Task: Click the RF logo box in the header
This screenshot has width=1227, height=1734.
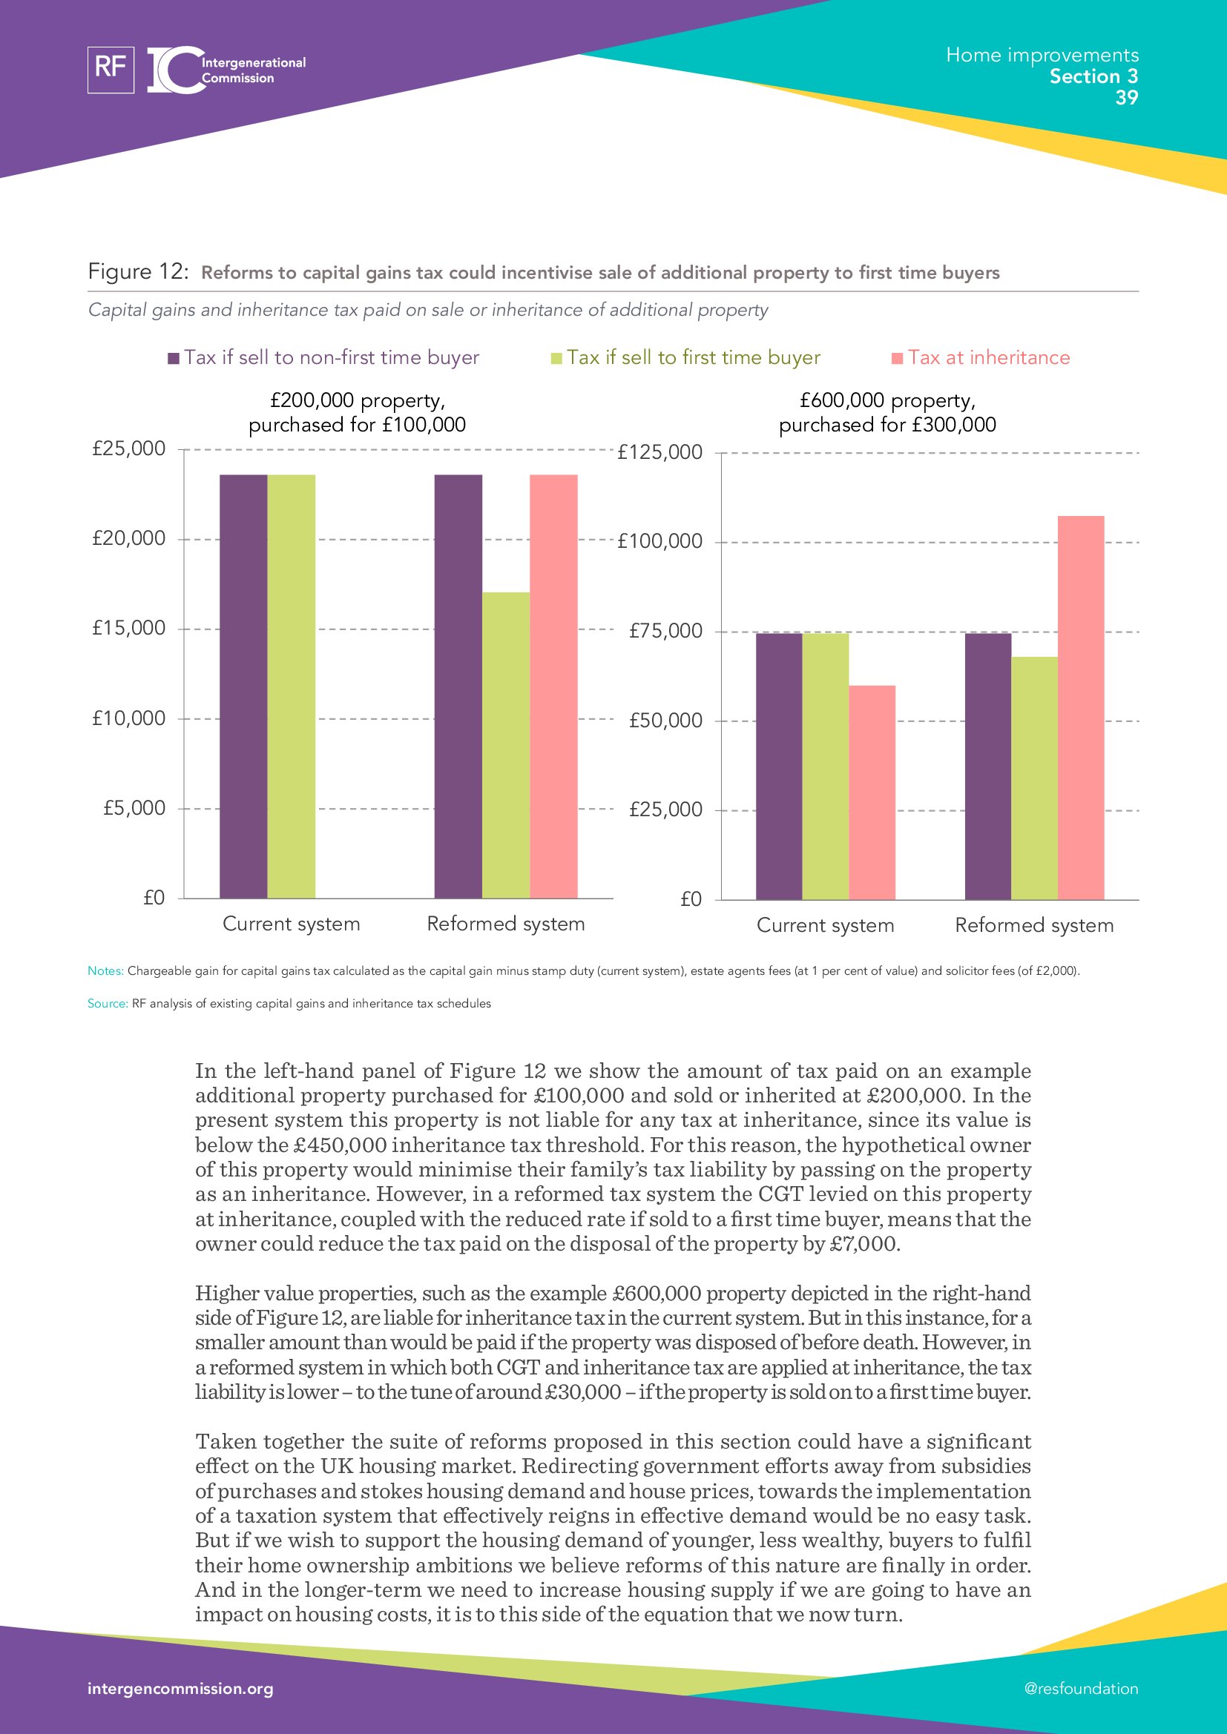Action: (x=111, y=70)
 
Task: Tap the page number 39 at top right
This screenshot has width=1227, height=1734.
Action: (x=1126, y=97)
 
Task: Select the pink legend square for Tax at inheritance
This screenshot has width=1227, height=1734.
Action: (x=898, y=358)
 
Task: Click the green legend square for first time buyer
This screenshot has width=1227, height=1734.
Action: (x=557, y=358)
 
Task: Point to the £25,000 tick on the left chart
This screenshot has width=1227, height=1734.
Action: (x=128, y=449)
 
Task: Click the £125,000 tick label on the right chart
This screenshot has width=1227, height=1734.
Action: (x=659, y=452)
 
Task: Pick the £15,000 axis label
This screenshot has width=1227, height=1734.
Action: (x=128, y=629)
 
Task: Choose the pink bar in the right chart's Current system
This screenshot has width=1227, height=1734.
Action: (x=872, y=792)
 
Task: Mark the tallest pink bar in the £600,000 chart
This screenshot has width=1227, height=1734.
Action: (x=1080, y=708)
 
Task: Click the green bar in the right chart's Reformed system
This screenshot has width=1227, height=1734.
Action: (x=1034, y=778)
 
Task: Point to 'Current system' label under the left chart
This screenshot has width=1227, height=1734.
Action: (x=291, y=924)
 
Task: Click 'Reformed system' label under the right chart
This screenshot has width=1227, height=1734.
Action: (x=1034, y=925)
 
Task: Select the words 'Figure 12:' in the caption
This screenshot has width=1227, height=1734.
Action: (x=138, y=271)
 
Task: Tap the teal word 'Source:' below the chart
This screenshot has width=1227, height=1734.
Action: (x=108, y=1004)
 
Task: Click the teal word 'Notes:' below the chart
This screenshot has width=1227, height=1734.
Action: (x=105, y=970)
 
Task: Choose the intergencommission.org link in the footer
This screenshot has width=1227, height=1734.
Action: (x=180, y=1689)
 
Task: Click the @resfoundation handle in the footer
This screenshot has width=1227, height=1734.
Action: (x=1081, y=1689)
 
